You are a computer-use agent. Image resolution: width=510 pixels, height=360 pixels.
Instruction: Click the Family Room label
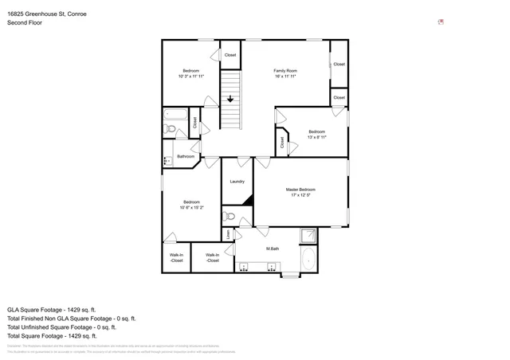pos(285,71)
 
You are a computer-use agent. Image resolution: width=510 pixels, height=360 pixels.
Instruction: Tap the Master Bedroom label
pos(300,190)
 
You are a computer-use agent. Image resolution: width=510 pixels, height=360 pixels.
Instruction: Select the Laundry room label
pos(237,182)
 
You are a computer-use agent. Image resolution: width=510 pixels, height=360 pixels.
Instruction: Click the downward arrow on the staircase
pos(230,100)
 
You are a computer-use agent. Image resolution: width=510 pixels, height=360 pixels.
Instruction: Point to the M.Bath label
pos(272,248)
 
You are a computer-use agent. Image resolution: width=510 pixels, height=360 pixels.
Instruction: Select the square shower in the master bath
pos(307,236)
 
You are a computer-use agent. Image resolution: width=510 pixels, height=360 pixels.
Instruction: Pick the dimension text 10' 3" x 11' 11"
pos(190,76)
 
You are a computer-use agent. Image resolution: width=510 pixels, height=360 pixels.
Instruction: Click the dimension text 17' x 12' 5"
pos(300,195)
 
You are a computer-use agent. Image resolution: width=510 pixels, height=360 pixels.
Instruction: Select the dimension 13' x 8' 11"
pos(316,137)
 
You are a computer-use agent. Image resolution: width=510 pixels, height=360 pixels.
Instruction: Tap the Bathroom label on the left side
pos(186,156)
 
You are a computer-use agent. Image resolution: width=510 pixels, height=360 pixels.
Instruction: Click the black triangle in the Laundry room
pos(248,201)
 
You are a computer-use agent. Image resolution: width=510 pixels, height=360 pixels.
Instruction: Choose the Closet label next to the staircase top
pos(230,55)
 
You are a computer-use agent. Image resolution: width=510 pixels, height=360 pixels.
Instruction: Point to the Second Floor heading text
pos(25,23)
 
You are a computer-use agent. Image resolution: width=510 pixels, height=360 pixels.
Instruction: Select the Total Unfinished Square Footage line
pos(61,327)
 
